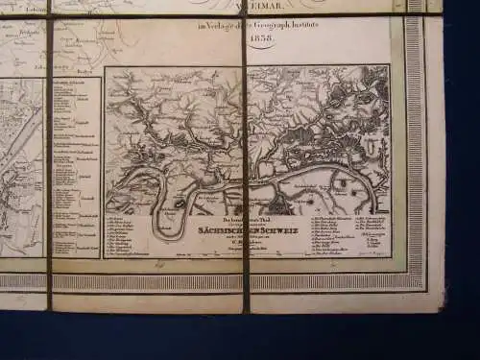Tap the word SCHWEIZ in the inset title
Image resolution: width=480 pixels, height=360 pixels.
point(279,231)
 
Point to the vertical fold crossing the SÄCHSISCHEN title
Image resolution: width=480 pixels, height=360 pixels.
point(246,231)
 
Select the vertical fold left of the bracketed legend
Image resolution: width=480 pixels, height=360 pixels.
point(50,163)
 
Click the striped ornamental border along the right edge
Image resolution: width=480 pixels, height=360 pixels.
point(415,144)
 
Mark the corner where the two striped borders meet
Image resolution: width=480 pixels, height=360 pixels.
point(415,281)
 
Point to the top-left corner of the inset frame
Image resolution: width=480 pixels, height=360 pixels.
point(105,66)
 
